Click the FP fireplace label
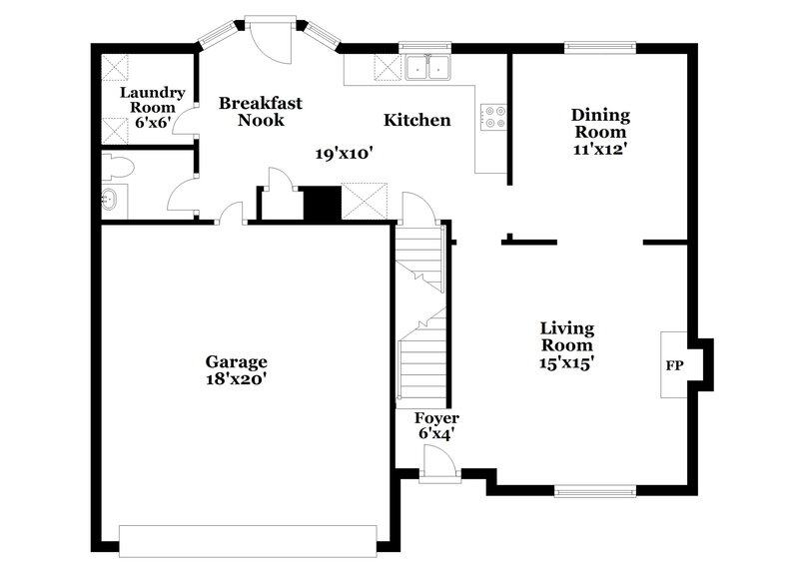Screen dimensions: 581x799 (674, 365)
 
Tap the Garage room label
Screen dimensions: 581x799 (237, 361)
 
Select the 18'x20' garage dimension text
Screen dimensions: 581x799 (237, 379)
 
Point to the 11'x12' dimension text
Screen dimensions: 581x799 (599, 150)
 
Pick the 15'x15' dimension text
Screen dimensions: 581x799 (567, 363)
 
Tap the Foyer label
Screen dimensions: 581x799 (436, 418)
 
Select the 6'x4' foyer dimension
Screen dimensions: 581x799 (436, 434)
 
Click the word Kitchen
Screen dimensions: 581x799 (417, 121)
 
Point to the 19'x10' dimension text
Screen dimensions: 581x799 (345, 154)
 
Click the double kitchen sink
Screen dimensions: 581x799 (428, 68)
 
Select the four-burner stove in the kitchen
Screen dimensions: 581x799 (492, 117)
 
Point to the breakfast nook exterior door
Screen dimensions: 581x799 (268, 38)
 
